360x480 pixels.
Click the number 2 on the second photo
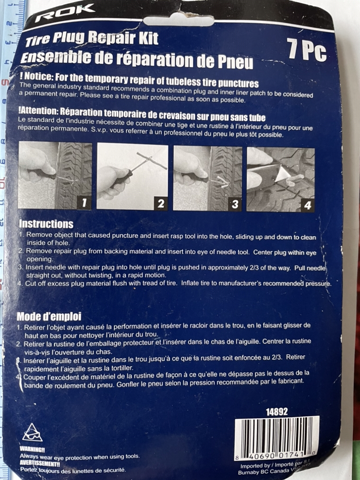[x=160, y=203]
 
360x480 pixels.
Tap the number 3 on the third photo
[x=235, y=204]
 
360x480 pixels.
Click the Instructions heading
[x=46, y=224]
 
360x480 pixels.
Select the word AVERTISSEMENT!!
[x=40, y=464]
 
